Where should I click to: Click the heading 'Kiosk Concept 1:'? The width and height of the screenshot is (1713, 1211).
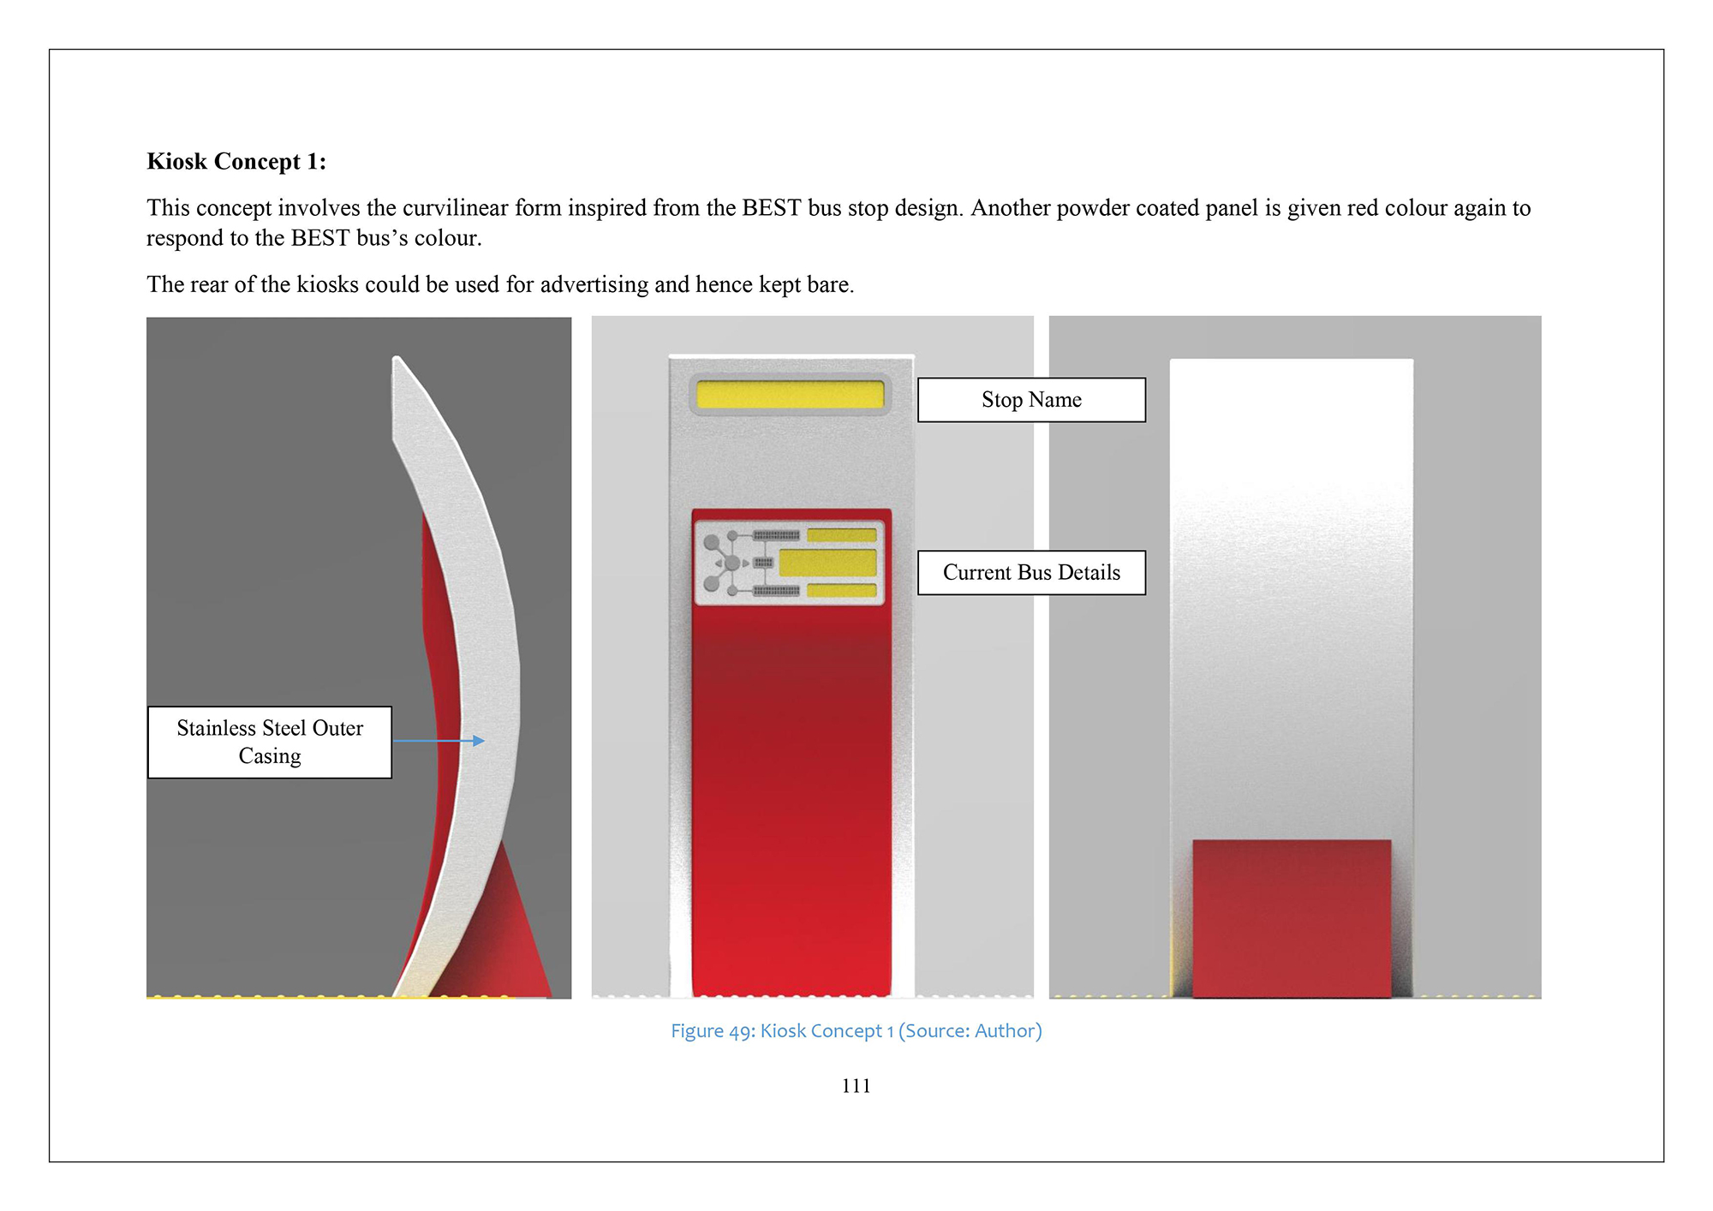tap(236, 161)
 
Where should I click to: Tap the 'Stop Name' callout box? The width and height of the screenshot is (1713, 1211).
tap(1031, 400)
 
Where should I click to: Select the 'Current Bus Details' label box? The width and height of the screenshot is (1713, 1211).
tap(1031, 572)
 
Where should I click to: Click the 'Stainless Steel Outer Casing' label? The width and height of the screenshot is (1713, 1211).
tap(270, 742)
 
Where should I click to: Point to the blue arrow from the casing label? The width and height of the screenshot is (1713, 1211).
tap(439, 741)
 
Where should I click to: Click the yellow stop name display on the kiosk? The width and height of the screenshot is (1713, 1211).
tap(790, 395)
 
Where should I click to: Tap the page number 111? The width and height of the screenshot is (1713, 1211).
tap(856, 1086)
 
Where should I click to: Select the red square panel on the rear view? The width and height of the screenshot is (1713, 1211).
tap(1292, 918)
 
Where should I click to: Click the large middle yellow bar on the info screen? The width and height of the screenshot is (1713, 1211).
tap(827, 563)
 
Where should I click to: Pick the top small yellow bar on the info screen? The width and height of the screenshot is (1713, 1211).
tap(841, 535)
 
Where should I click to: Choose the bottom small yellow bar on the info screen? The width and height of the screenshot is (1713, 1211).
tap(841, 590)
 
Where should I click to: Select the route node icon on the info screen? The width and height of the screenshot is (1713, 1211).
tap(725, 563)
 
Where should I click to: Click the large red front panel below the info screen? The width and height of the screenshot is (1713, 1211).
tap(791, 801)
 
